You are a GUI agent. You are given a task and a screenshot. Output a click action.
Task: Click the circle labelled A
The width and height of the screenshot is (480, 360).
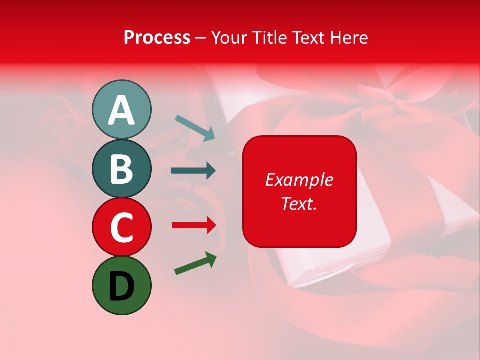(121, 109)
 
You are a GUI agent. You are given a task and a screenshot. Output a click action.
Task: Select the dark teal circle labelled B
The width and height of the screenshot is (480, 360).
(121, 168)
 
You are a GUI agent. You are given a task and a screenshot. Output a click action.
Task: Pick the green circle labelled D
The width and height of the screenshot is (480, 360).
(121, 285)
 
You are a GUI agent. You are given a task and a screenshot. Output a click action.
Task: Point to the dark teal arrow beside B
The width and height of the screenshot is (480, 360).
(193, 171)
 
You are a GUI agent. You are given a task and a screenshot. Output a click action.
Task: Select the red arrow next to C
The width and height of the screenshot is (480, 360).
(193, 225)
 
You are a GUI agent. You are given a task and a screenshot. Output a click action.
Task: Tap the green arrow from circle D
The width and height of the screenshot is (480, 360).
(195, 263)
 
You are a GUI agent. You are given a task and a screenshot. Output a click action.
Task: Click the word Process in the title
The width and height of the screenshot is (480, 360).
(157, 37)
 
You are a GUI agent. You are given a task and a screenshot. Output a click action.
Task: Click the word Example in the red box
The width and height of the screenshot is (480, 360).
(299, 180)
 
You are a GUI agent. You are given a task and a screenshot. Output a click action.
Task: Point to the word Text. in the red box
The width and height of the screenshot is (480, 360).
(299, 203)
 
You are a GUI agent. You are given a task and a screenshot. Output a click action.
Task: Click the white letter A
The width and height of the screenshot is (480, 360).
(121, 110)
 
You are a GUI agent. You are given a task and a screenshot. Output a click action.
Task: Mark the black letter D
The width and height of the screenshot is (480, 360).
(121, 286)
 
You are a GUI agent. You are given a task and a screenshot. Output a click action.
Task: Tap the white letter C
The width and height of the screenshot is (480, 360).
(121, 227)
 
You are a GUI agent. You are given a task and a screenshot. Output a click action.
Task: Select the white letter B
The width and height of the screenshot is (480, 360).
(121, 169)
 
